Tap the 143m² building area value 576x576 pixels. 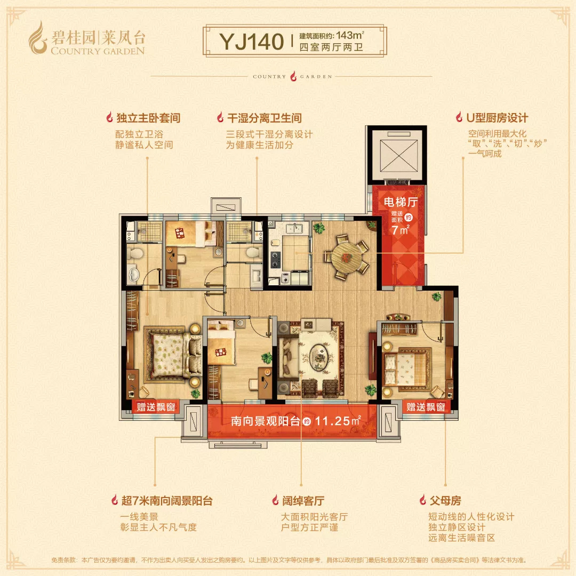click(x=348, y=35)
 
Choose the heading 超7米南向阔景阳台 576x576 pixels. click(x=166, y=501)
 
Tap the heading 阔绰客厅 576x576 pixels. click(x=302, y=501)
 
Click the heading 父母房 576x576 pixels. click(x=445, y=501)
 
